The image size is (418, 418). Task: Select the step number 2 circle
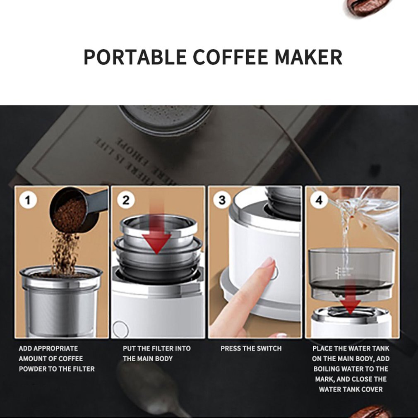tap(125, 200)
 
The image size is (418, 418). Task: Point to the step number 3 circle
tap(222, 200)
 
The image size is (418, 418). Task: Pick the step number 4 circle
tap(319, 200)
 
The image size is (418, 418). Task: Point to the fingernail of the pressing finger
tap(268, 262)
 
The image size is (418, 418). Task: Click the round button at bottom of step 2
tap(120, 329)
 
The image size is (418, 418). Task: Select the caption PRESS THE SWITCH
tap(251, 348)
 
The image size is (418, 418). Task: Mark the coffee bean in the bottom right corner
tap(370, 412)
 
